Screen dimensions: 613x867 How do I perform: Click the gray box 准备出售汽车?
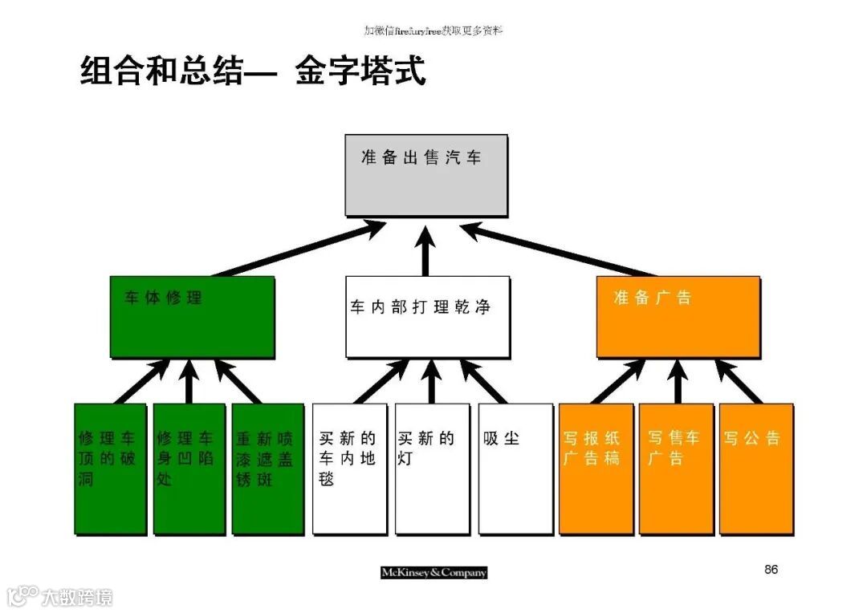(425, 175)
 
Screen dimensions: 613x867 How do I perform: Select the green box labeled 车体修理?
(192, 317)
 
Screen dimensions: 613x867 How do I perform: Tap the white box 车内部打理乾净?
(427, 317)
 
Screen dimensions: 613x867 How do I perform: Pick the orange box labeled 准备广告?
(678, 317)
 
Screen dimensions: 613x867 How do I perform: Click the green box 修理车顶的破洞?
(110, 469)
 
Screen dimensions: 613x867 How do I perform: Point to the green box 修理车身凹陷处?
(189, 469)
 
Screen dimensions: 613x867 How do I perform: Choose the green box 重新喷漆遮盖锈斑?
(267, 469)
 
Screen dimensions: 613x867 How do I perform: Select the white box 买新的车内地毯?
(349, 469)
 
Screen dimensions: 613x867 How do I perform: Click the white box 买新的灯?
(431, 469)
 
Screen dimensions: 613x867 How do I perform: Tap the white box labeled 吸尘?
(515, 469)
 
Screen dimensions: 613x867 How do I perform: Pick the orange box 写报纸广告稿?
(596, 469)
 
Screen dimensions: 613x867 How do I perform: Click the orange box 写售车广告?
(676, 469)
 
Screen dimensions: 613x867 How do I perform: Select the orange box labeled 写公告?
(756, 469)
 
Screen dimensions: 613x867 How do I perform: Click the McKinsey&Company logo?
(433, 573)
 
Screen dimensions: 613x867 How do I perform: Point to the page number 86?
(771, 570)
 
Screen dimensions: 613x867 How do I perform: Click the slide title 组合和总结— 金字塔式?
(253, 71)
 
